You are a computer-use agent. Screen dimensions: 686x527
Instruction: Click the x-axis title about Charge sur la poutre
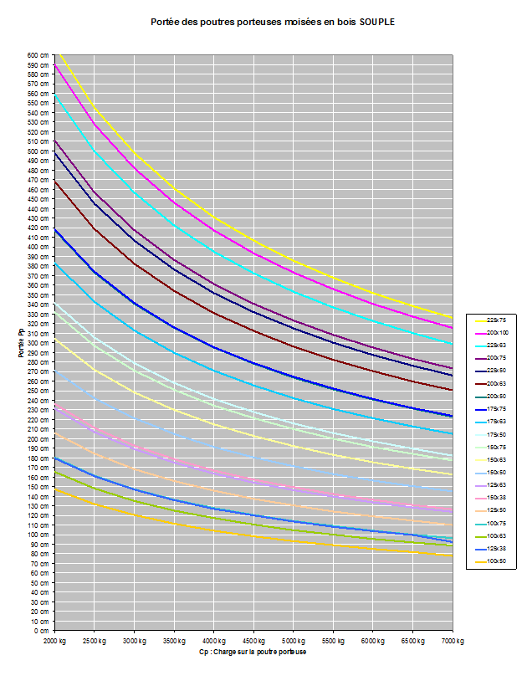[x=253, y=652]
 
